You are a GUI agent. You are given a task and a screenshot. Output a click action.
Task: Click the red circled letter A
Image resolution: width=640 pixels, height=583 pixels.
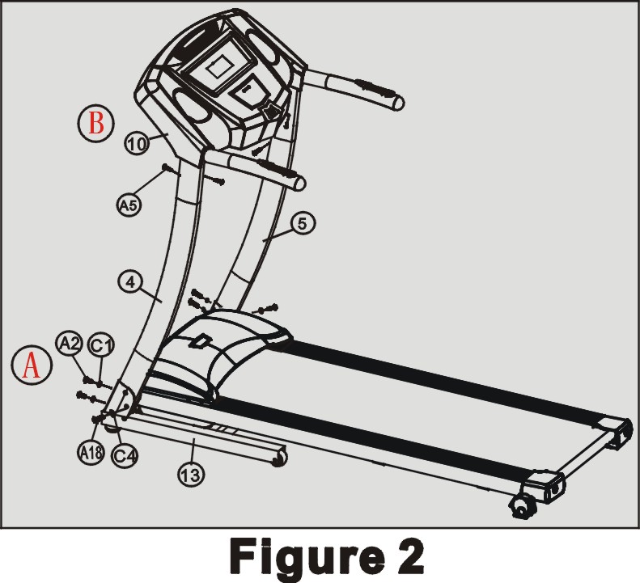pyautogui.click(x=32, y=365)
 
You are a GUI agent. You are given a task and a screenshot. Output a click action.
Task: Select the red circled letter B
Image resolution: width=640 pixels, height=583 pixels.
pyautogui.click(x=96, y=123)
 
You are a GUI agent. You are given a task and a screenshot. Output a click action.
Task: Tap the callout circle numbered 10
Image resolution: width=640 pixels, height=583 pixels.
pyautogui.click(x=137, y=143)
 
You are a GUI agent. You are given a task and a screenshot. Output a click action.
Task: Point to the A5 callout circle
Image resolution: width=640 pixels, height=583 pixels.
pyautogui.click(x=129, y=205)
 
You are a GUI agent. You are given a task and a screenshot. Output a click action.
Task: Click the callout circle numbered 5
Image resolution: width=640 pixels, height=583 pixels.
pyautogui.click(x=303, y=223)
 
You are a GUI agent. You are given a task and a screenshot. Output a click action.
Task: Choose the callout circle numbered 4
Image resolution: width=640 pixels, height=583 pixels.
pyautogui.click(x=130, y=282)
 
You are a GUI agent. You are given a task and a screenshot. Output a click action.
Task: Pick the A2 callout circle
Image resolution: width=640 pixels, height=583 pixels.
pyautogui.click(x=70, y=344)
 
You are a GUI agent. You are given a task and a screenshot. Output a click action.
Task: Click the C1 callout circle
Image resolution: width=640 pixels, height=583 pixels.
pyautogui.click(x=102, y=345)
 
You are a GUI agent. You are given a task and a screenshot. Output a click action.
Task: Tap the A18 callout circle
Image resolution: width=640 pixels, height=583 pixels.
pyautogui.click(x=91, y=453)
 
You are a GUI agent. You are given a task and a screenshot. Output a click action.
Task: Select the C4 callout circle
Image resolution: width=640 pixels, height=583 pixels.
pyautogui.click(x=125, y=455)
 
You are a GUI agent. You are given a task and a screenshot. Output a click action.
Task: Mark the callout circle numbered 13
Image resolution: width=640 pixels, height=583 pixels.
pyautogui.click(x=191, y=475)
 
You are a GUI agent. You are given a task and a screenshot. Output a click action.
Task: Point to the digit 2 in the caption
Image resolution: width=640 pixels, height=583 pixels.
pyautogui.click(x=409, y=556)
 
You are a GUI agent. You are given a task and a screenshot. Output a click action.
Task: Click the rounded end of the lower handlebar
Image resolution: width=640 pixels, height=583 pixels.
pyautogui.click(x=299, y=184)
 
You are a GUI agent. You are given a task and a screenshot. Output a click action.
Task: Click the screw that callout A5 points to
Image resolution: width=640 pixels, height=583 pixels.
pyautogui.click(x=172, y=171)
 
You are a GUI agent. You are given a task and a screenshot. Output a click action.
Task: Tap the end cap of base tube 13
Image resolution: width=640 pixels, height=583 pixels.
pyautogui.click(x=280, y=457)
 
